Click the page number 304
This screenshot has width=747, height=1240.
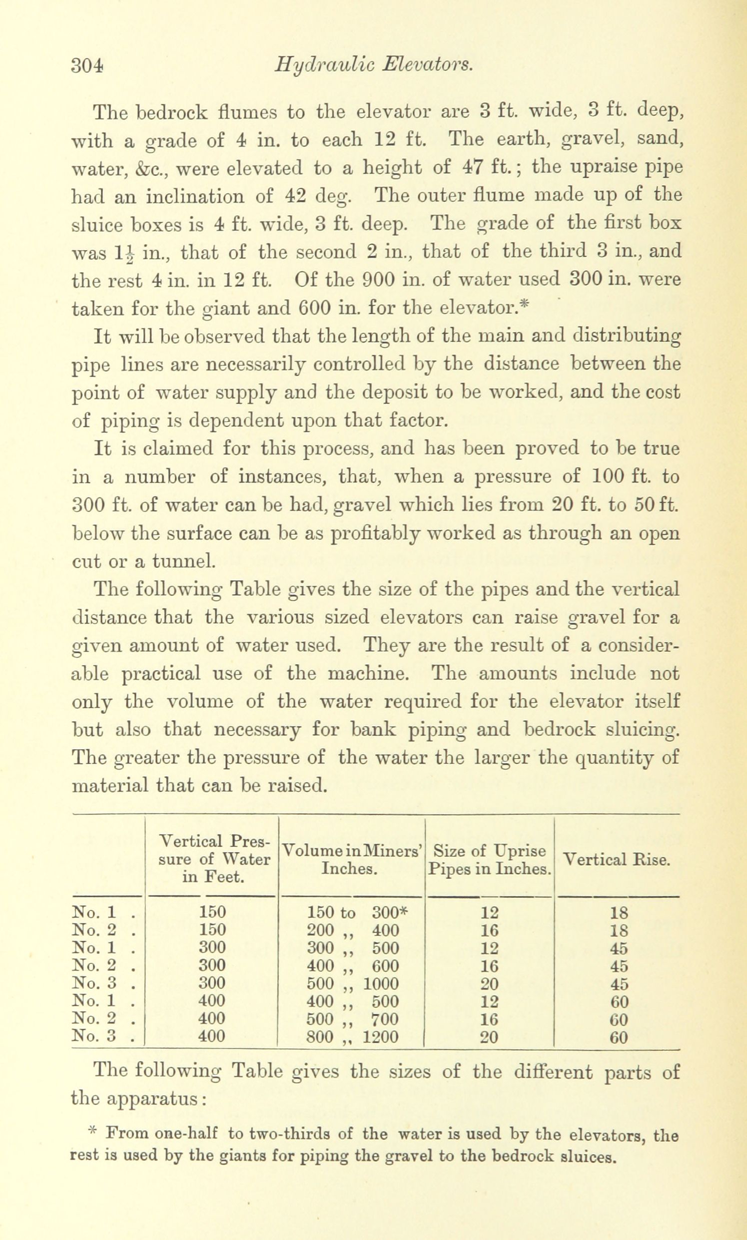[x=87, y=65]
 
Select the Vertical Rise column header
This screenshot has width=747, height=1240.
[x=616, y=859]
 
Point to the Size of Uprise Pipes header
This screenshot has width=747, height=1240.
[x=489, y=859]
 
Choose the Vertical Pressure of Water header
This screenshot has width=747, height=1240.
[x=213, y=858]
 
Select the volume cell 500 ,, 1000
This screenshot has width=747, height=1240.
[x=352, y=983]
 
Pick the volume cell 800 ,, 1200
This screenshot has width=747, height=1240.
[x=352, y=1036]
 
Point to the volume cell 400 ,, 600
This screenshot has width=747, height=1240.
[x=352, y=966]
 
